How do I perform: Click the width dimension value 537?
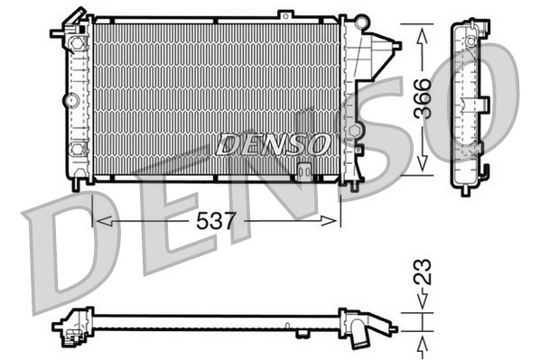point(217,220)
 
